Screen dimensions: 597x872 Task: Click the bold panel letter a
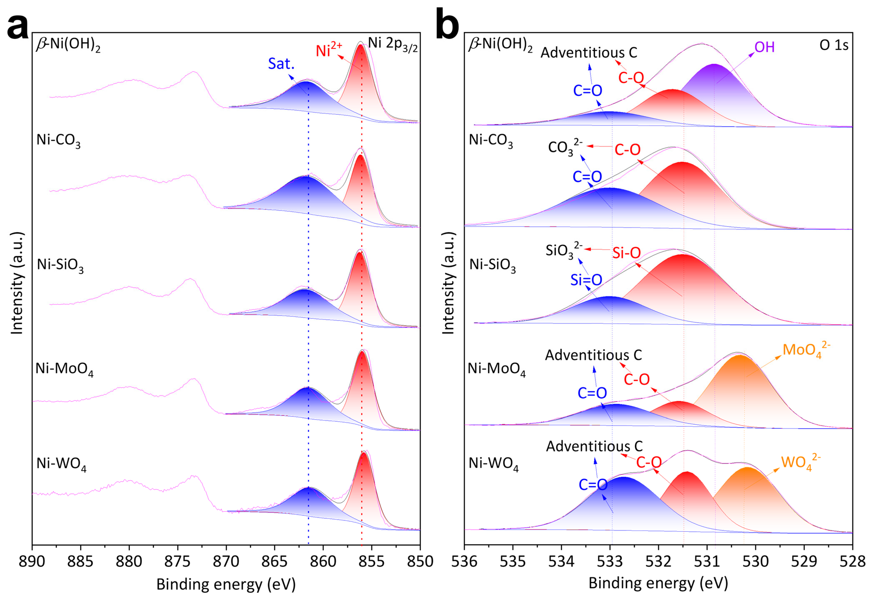18,27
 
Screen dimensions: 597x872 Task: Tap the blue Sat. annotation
281,64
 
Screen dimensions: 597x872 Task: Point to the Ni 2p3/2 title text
393,45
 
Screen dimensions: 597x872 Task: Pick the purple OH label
764,47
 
